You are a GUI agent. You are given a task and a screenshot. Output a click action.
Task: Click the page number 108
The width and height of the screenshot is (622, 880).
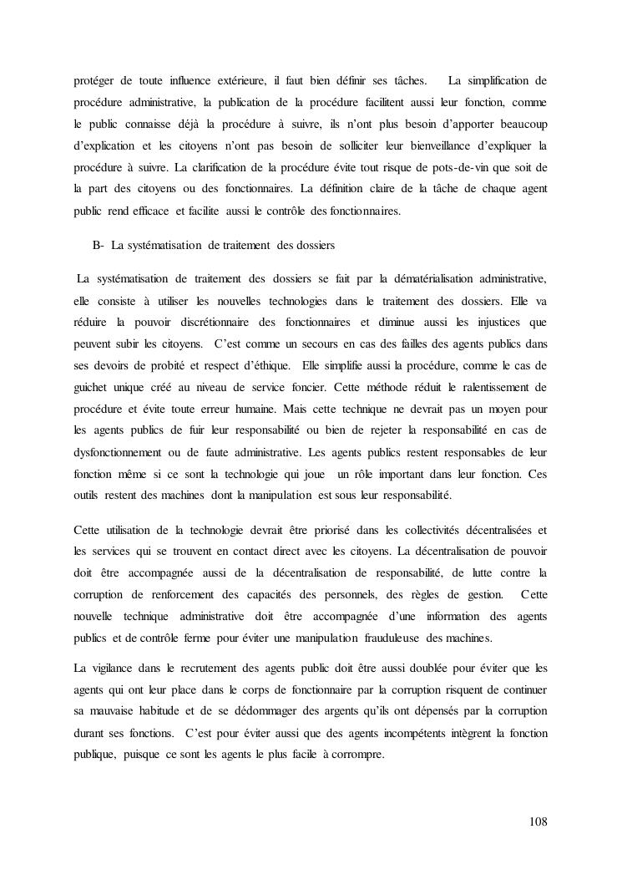point(539,822)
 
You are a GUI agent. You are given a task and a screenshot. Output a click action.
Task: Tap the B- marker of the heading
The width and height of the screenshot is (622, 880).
point(98,244)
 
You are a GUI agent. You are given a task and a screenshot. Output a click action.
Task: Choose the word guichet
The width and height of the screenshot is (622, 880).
point(90,386)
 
